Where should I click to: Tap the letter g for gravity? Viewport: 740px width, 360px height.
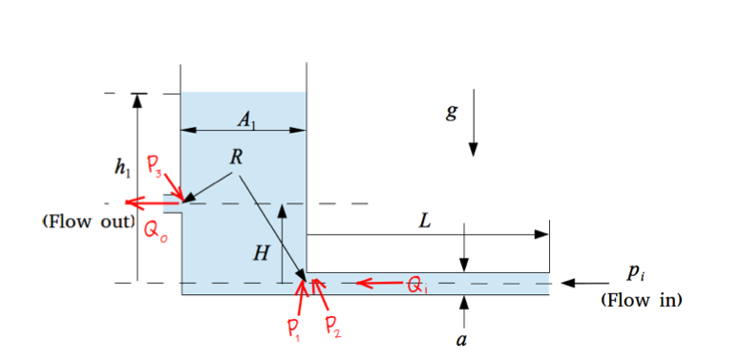452,113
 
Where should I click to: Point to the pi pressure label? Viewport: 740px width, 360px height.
635,272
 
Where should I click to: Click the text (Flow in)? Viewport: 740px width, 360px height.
640,300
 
